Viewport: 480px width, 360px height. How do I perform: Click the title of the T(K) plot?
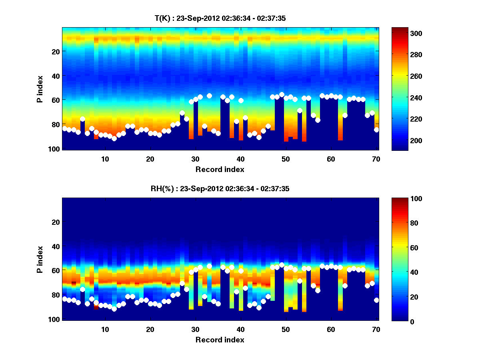pos(220,18)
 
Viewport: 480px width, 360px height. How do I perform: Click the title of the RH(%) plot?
pos(220,189)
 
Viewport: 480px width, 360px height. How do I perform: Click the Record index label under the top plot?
pos(220,169)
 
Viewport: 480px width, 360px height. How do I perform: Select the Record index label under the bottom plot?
pos(220,340)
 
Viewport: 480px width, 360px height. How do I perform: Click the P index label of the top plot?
pos(40,89)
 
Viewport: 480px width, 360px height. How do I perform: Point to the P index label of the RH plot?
pos(40,259)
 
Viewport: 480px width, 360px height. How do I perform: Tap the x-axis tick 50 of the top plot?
pos(286,159)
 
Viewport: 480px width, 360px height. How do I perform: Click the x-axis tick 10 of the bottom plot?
pos(105,329)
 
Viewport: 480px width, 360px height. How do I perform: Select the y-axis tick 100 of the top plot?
pos(54,148)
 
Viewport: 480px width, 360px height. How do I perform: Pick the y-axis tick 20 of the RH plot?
pos(56,222)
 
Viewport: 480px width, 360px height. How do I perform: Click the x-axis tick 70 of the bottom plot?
pos(376,329)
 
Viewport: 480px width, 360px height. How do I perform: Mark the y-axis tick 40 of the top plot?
pos(56,76)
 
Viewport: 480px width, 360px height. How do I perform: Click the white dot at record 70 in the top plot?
pos(376,130)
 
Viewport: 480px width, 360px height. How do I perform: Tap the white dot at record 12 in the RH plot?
pos(114,309)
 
